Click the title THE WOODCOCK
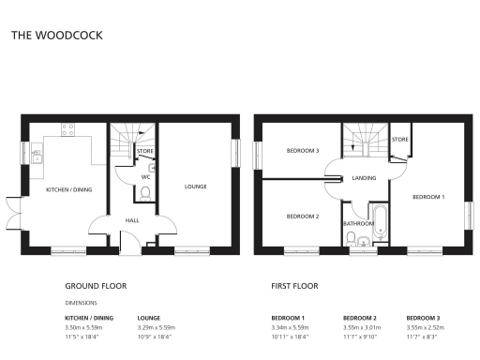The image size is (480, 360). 57,36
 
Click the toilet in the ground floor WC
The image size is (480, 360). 144,191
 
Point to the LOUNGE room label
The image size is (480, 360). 195,186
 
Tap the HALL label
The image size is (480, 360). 132,221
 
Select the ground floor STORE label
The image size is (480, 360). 144,150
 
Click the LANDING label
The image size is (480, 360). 364,176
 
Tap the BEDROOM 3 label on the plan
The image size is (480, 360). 303,151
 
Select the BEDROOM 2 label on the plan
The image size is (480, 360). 303,217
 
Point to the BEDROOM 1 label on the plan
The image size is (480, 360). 428,197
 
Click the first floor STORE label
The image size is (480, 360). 399,140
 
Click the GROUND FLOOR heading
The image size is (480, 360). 95,285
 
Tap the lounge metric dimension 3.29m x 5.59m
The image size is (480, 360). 157,327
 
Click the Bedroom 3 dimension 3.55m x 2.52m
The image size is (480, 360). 425,327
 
